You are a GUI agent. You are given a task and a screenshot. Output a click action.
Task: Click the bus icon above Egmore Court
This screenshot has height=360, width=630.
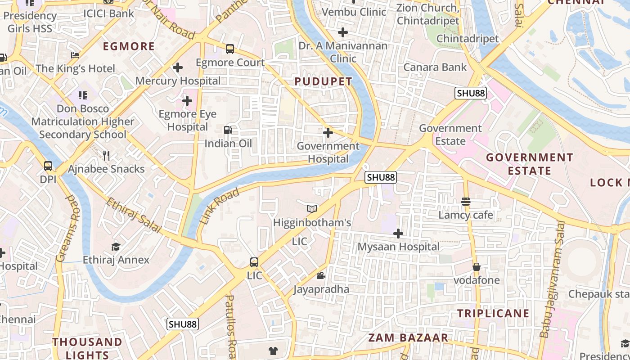[229, 49]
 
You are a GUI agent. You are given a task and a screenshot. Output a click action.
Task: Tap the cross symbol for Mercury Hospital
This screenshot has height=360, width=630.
[178, 68]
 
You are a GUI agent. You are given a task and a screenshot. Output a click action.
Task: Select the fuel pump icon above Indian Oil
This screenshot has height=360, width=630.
[228, 130]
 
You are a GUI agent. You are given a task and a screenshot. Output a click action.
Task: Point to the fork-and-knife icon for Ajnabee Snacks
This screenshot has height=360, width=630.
[106, 156]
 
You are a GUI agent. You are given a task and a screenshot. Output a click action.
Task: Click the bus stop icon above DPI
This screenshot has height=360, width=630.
[48, 166]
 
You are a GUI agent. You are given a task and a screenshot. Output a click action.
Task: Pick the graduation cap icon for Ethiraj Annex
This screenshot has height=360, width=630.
[116, 247]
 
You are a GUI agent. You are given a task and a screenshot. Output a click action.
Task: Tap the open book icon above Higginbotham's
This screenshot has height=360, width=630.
[312, 209]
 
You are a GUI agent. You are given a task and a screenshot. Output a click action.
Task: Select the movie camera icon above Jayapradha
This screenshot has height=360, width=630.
[321, 275]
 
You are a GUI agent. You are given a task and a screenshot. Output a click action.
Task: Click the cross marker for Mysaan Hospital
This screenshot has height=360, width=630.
[398, 234]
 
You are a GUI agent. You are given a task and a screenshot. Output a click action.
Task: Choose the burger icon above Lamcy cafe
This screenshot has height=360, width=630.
[466, 202]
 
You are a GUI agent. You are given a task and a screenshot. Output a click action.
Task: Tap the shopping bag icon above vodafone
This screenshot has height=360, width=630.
[476, 267]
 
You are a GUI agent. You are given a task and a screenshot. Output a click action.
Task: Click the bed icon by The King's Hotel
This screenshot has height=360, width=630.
[75, 55]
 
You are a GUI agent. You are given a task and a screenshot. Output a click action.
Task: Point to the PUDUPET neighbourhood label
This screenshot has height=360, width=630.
[323, 81]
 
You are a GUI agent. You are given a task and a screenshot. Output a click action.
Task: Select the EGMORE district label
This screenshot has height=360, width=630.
[129, 46]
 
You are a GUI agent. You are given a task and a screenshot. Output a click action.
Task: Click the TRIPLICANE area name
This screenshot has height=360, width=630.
[493, 313]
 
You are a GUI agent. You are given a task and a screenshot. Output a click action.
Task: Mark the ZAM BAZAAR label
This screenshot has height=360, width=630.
[408, 338]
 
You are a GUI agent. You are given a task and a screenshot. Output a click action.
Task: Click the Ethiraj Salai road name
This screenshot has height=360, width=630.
[133, 216]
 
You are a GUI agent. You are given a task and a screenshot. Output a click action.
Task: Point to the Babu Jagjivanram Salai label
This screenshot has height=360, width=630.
[552, 279]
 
